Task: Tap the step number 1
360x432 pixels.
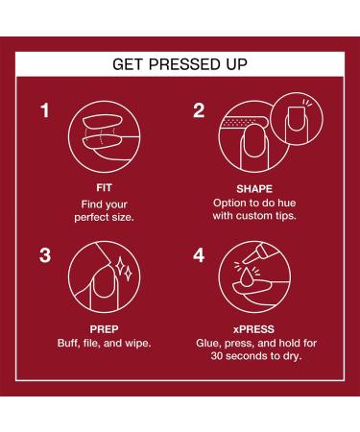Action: [44, 110]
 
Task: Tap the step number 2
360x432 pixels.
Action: [199, 110]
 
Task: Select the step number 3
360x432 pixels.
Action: [44, 256]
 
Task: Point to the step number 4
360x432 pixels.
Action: [199, 256]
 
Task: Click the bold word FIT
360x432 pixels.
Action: [102, 189]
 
